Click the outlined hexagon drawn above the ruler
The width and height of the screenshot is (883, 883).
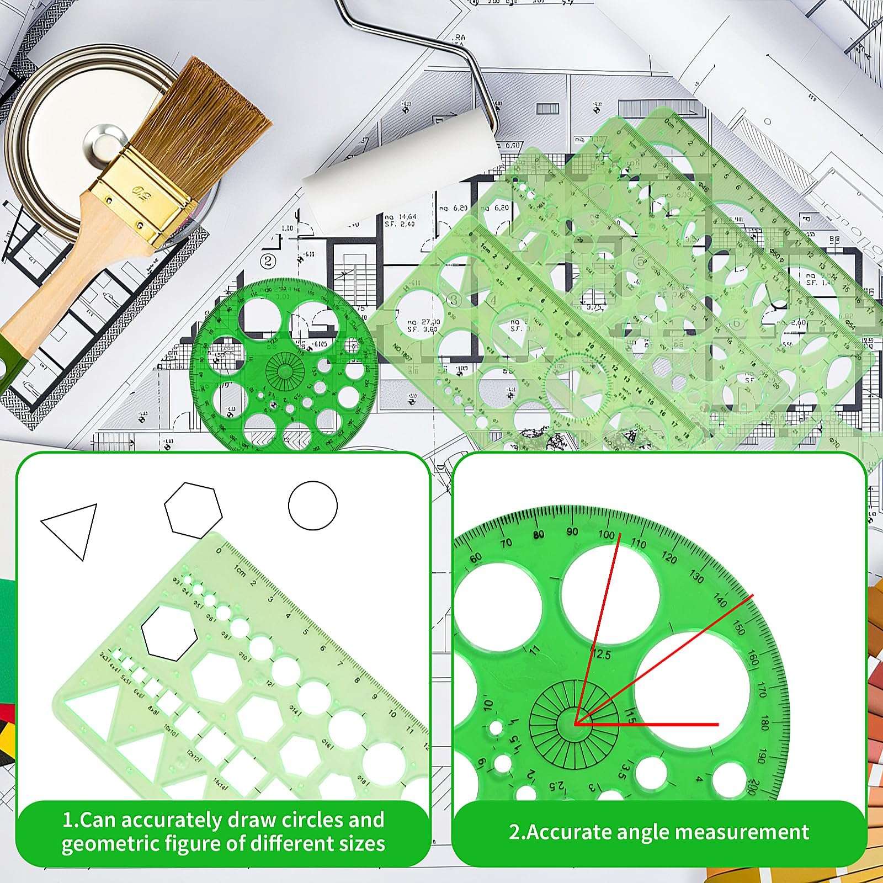point(193,510)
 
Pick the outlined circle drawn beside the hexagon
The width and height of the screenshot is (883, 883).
point(312,506)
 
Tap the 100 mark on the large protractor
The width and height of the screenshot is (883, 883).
point(606,534)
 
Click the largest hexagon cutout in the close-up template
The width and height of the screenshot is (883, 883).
point(169,633)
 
